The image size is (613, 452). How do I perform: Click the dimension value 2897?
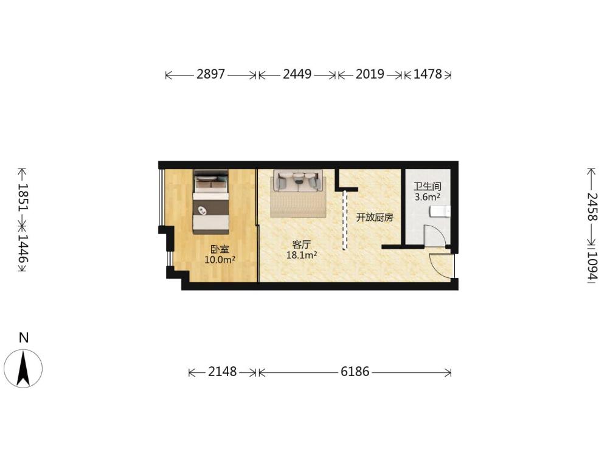tap(210, 74)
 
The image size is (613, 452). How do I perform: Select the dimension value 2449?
tap(297, 74)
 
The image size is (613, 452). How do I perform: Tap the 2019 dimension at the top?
tap(370, 74)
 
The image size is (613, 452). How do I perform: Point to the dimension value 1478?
tap(428, 74)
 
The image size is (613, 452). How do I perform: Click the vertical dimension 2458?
tap(592, 207)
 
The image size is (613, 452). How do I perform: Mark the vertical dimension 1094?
tap(592, 265)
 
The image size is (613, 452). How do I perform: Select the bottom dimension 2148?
tap(222, 371)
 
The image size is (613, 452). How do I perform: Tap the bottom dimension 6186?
tap(355, 371)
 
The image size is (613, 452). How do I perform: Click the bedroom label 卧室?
tap(220, 249)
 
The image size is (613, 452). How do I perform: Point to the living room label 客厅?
tap(302, 245)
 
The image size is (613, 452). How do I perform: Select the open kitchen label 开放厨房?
tap(375, 217)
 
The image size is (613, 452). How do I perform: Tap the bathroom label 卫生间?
tap(428, 187)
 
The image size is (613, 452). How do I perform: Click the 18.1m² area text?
tap(302, 256)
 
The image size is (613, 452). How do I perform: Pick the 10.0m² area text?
tap(220, 259)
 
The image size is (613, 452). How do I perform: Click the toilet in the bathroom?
tap(440, 212)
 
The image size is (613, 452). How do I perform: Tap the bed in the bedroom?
tap(210, 202)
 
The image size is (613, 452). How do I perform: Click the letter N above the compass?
tap(24, 338)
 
